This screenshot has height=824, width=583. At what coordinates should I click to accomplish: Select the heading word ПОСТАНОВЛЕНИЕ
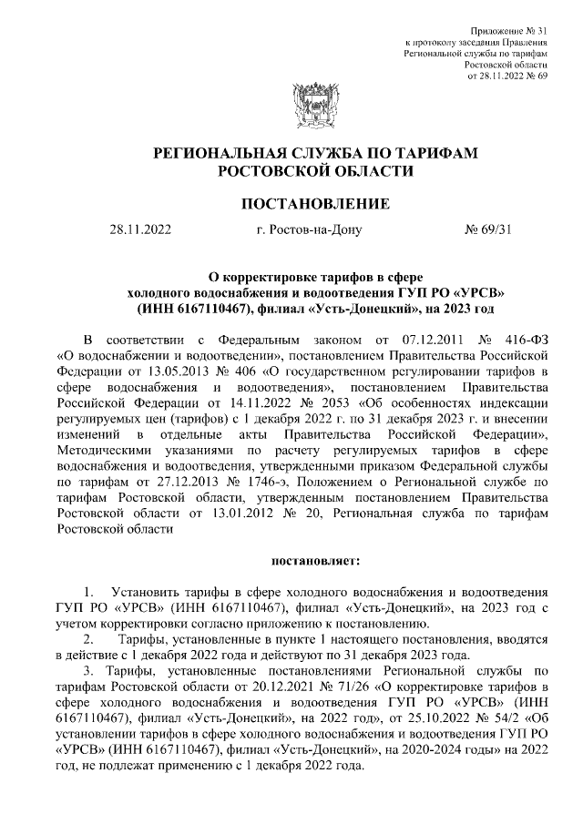291,202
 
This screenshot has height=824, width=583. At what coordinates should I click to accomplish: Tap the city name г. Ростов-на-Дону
310,229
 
